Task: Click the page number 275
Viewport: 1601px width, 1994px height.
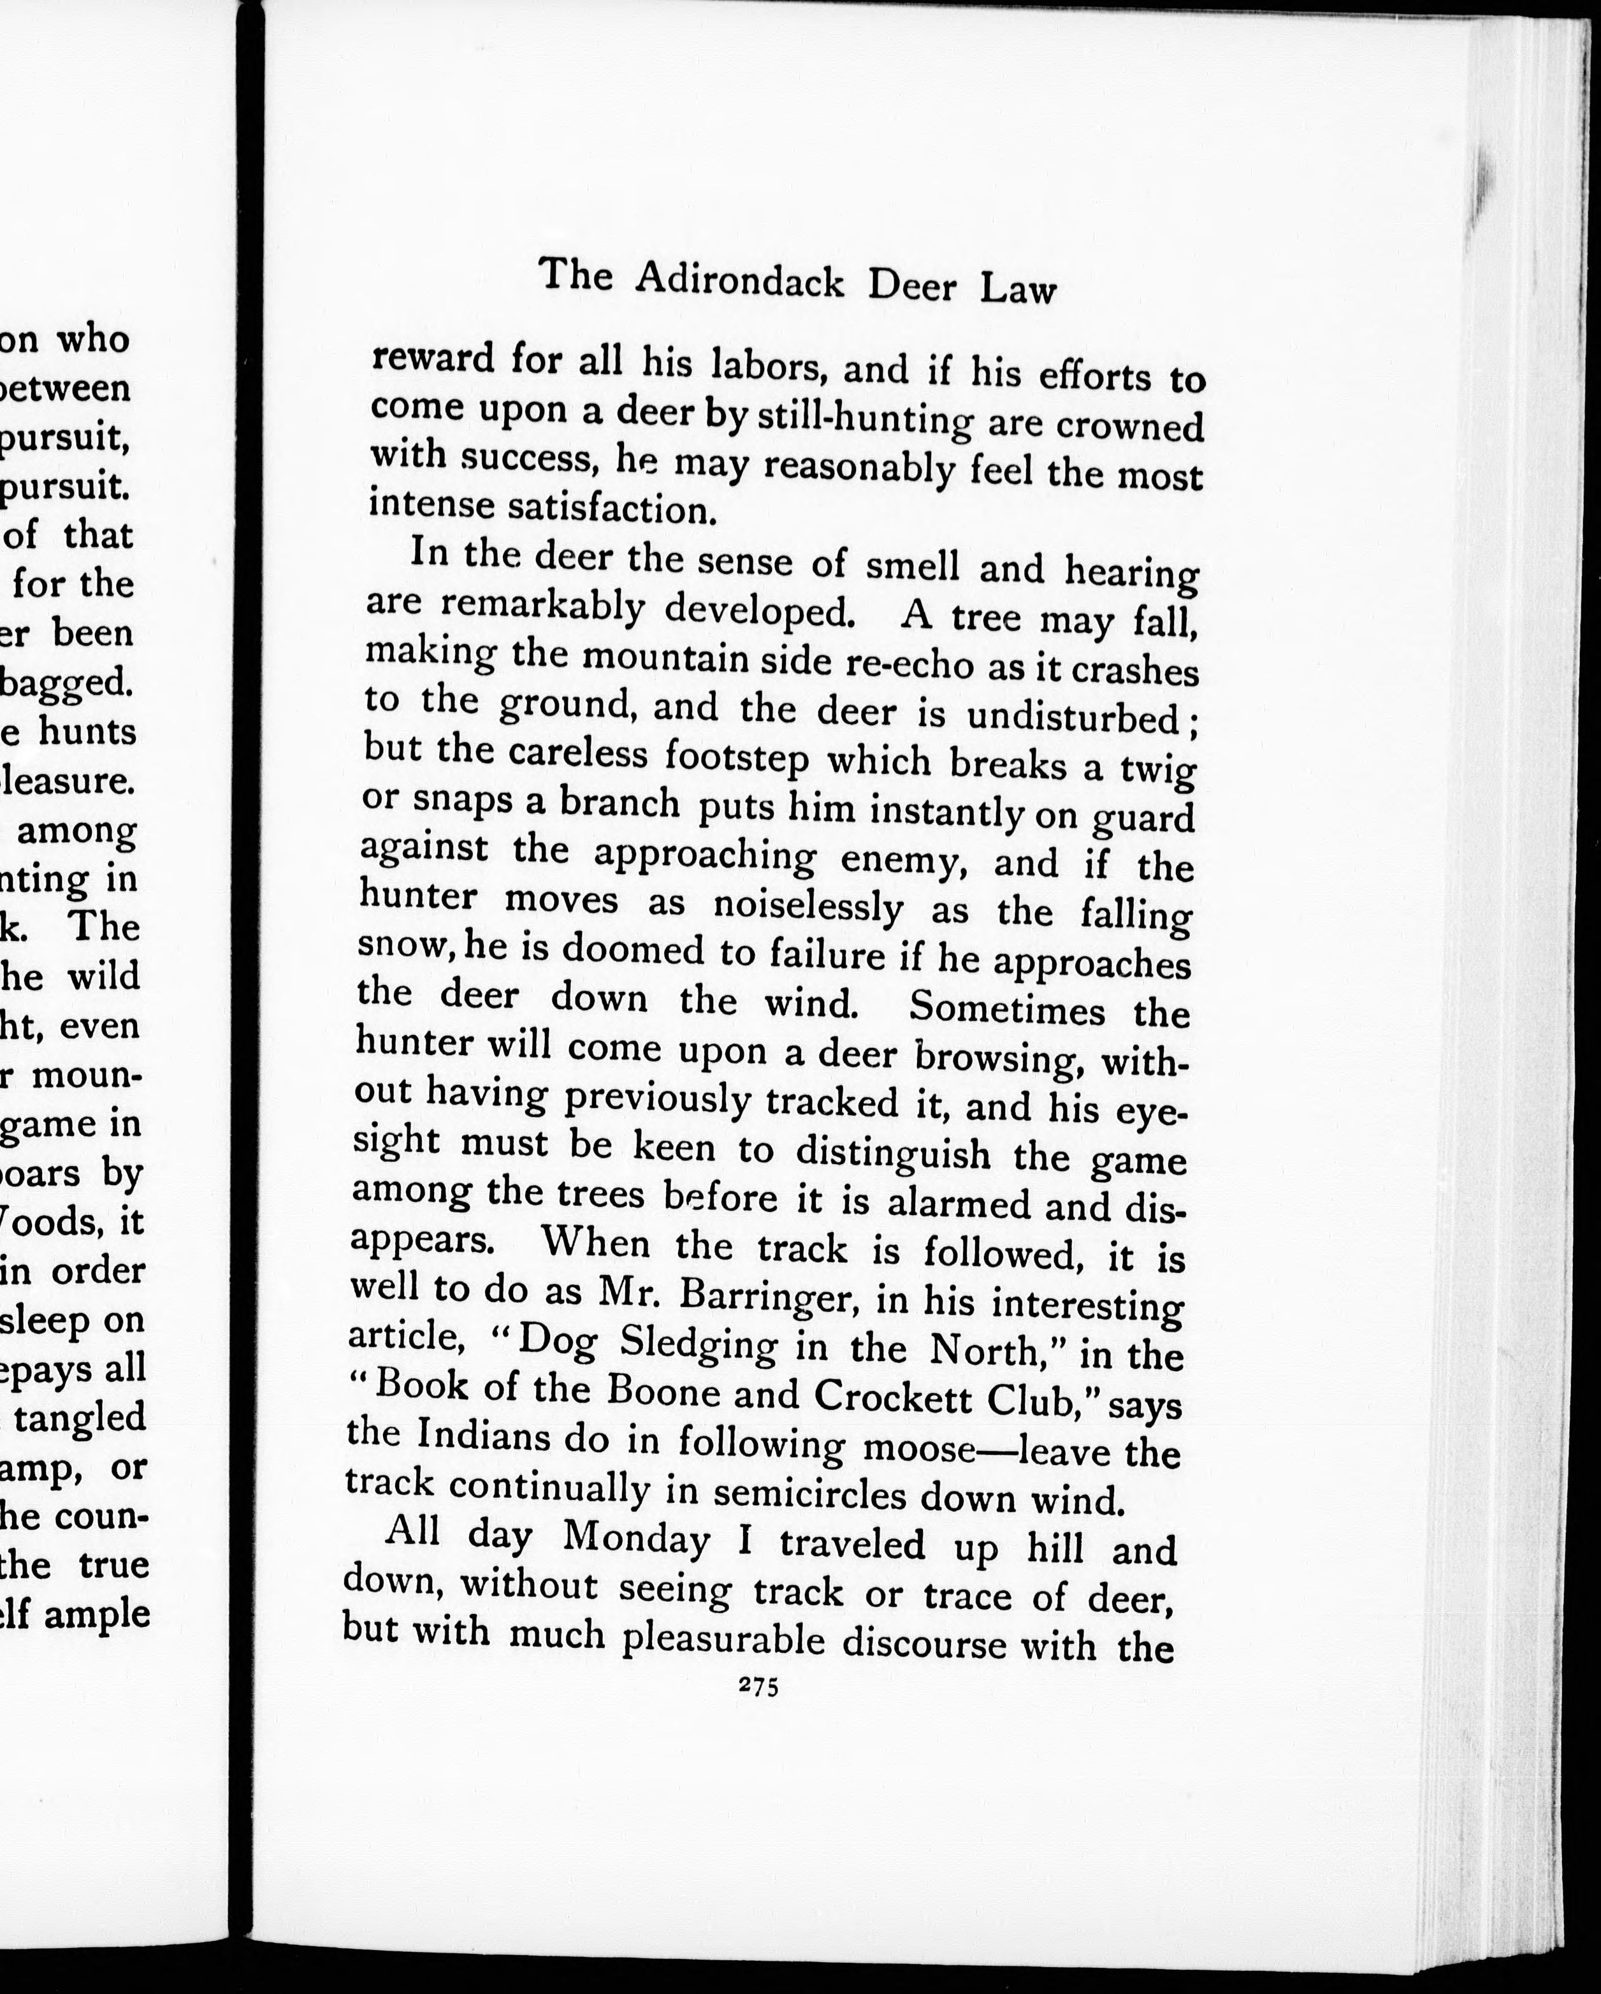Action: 759,1685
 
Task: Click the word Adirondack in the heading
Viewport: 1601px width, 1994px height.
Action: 741,279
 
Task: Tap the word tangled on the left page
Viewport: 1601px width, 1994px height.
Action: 92,1417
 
